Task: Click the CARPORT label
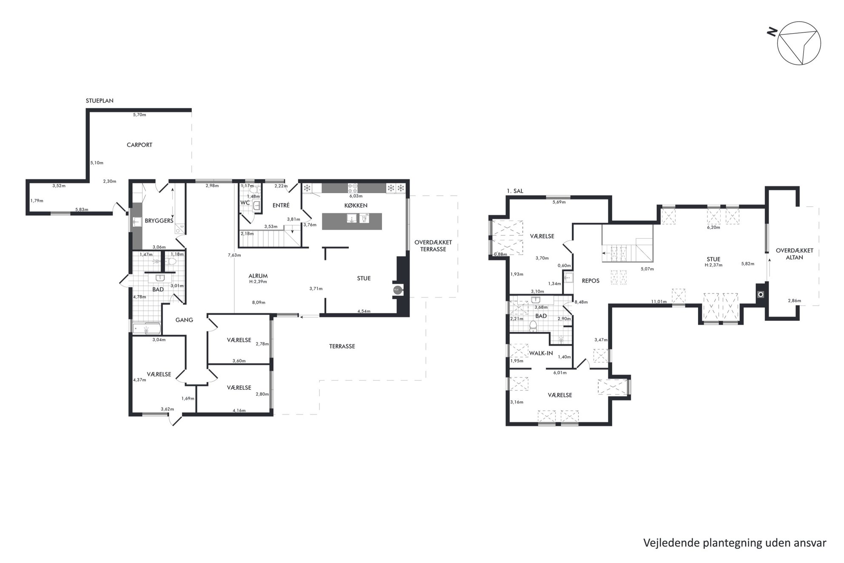click(139, 145)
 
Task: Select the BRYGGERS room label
click(159, 221)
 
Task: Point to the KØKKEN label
click(356, 206)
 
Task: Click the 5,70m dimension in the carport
click(139, 115)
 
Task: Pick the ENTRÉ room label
click(281, 205)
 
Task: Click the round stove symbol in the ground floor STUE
click(397, 289)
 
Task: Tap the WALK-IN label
click(541, 353)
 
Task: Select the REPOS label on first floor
click(590, 281)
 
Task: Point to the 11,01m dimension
click(659, 302)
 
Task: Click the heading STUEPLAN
click(100, 101)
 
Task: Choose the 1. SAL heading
click(515, 191)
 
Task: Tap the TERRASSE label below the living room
click(342, 346)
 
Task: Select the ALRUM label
click(258, 276)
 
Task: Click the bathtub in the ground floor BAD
click(147, 329)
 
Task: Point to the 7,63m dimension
click(234, 255)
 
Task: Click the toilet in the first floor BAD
click(533, 326)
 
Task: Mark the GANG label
click(184, 320)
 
